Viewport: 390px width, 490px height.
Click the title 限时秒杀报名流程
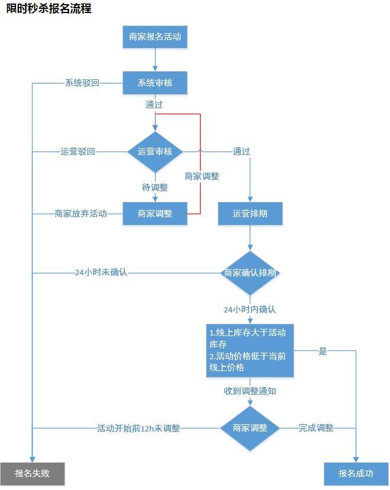pyautogui.click(x=49, y=8)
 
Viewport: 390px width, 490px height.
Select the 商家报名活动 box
pyautogui.click(x=155, y=37)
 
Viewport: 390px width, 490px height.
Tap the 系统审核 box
pyautogui.click(x=155, y=83)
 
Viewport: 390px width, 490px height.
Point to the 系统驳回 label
pyautogui.click(x=82, y=83)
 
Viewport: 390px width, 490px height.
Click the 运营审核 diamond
pyautogui.click(x=155, y=151)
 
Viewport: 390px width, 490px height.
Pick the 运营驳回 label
pyautogui.click(x=78, y=151)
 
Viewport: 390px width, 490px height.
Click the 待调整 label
pyautogui.click(x=155, y=187)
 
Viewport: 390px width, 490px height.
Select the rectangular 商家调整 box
pyautogui.click(x=155, y=214)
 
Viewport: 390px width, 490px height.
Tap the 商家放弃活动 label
pyautogui.click(x=80, y=214)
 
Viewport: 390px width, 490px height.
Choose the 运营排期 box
pyautogui.click(x=250, y=214)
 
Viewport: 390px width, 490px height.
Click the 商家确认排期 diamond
pyautogui.click(x=250, y=273)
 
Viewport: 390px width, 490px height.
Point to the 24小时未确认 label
pyautogui.click(x=101, y=273)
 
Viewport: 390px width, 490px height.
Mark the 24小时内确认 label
pyautogui.click(x=250, y=310)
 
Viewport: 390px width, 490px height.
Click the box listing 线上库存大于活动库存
pyautogui.click(x=250, y=350)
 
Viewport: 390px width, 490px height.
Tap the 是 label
pyautogui.click(x=323, y=351)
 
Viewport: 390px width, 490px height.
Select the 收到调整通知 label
pyautogui.click(x=250, y=391)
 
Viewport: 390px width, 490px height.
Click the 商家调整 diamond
pyautogui.click(x=250, y=428)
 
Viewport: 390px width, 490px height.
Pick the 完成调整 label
pyautogui.click(x=316, y=428)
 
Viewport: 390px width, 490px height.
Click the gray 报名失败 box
pyautogui.click(x=33, y=473)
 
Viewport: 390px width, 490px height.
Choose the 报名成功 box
pyautogui.click(x=356, y=473)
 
